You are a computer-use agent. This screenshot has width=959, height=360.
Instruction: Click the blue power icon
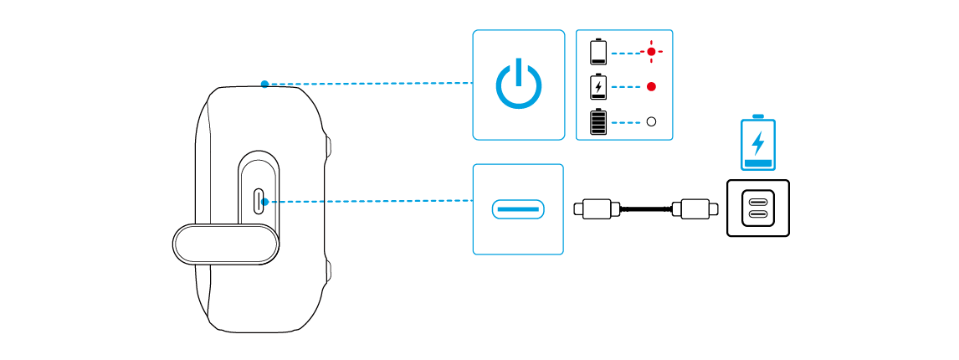click(x=518, y=84)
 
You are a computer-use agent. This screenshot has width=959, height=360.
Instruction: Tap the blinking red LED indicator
click(x=651, y=51)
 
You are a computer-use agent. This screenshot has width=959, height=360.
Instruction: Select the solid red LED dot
click(x=651, y=86)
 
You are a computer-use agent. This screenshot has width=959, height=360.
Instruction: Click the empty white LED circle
click(x=651, y=121)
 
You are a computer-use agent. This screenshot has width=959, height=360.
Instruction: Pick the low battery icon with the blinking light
click(x=598, y=51)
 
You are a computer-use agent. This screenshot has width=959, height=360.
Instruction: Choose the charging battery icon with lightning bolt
click(x=598, y=86)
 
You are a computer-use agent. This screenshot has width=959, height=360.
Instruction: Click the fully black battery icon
click(x=598, y=121)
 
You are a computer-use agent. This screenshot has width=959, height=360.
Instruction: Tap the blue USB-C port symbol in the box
click(x=518, y=208)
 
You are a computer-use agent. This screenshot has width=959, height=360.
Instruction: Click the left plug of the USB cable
click(x=596, y=208)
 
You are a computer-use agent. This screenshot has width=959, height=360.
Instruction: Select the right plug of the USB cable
click(x=696, y=208)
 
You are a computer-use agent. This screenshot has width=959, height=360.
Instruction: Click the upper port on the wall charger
click(x=757, y=202)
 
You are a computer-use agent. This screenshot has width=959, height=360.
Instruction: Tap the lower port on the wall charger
click(x=757, y=214)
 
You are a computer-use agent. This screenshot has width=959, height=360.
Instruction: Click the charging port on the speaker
click(x=259, y=201)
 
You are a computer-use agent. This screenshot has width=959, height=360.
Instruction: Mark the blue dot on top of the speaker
click(x=264, y=84)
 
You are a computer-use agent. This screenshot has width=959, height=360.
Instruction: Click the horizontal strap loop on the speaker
click(x=226, y=244)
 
